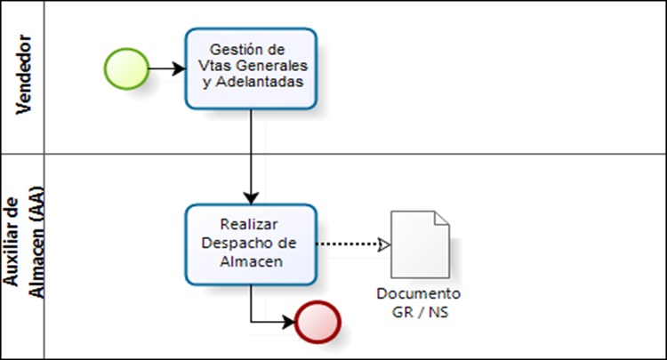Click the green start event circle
pyautogui.click(x=125, y=68)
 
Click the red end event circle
pyautogui.click(x=318, y=321)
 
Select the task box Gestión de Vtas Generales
pyautogui.click(x=251, y=68)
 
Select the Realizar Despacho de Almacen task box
pyautogui.click(x=251, y=244)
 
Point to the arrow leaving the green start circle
pyautogui.click(x=165, y=68)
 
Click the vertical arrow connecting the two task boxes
pyautogui.click(x=252, y=156)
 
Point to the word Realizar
pyautogui.click(x=251, y=227)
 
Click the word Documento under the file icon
pyautogui.click(x=419, y=293)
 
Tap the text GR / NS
pyautogui.click(x=419, y=310)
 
